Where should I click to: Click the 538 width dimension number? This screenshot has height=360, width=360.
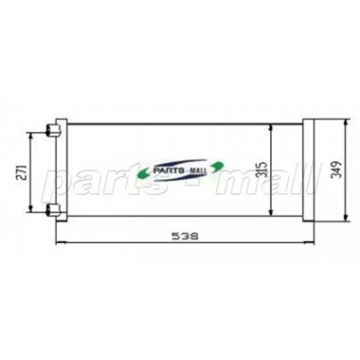click(x=185, y=237)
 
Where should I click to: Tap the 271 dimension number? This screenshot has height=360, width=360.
click(x=22, y=172)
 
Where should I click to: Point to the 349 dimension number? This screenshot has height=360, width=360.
click(x=337, y=170)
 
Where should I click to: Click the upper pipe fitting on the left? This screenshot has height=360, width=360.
click(x=53, y=130)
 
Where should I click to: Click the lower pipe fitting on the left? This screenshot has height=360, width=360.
click(x=53, y=210)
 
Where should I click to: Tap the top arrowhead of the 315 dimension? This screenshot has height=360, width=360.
click(x=271, y=128)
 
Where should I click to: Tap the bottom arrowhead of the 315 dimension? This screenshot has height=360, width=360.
click(x=271, y=212)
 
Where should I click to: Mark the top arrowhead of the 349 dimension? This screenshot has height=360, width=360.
click(x=346, y=123)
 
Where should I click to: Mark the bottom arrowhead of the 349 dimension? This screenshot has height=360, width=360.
click(x=346, y=218)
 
